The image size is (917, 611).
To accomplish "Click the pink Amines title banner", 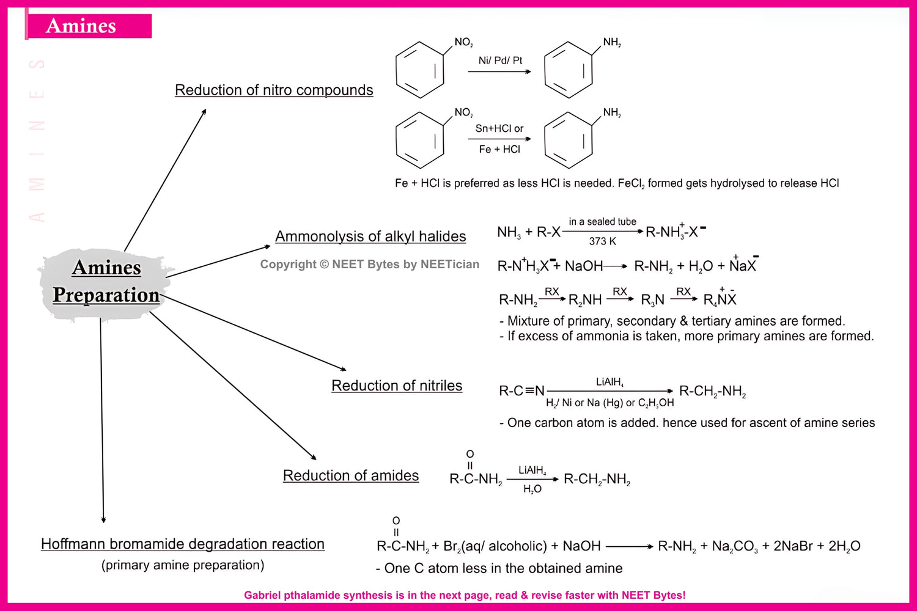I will (89, 26).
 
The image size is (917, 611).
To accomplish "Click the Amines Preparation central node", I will (106, 282).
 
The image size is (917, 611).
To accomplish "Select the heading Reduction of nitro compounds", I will (274, 90).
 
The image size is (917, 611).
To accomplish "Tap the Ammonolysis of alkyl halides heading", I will (370, 236).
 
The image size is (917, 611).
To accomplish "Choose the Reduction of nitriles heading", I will (397, 386).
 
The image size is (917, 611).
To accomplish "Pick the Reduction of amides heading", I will (351, 475).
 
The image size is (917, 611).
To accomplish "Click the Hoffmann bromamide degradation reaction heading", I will (183, 544).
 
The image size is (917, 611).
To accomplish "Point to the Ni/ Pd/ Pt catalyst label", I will (500, 60).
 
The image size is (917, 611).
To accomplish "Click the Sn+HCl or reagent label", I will (499, 128).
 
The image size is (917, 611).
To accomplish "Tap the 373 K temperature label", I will (602, 241).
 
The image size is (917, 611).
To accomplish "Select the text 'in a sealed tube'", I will (602, 222).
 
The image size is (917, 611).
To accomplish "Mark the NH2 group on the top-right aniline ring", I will (612, 42).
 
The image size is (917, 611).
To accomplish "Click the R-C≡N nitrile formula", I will (521, 391).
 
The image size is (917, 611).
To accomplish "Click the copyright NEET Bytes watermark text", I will (370, 265).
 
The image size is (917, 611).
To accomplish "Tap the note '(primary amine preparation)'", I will (183, 565).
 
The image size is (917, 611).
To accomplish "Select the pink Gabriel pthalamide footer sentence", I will (465, 595).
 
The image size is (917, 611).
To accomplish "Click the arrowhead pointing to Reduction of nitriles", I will (344, 369).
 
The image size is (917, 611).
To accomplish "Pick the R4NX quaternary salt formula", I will (720, 299).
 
